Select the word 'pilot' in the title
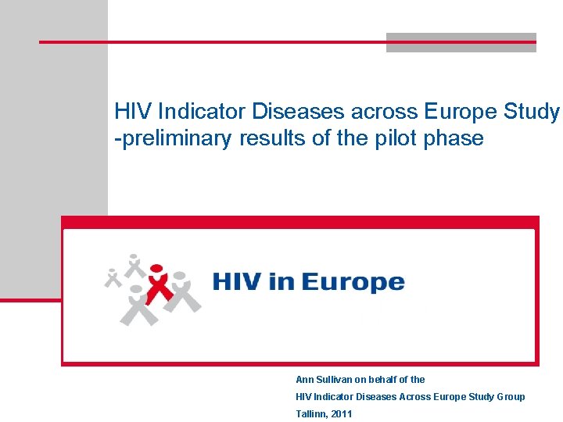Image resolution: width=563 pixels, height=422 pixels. [385, 139]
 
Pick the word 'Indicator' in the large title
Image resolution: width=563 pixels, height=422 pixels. [196, 112]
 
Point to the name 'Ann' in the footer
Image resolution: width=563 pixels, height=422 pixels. [305, 380]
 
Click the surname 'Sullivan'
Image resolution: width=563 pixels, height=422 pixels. [335, 380]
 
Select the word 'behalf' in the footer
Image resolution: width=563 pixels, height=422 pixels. [383, 380]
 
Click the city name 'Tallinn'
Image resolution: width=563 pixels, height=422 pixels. [311, 414]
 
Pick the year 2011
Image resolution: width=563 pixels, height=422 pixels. [342, 414]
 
